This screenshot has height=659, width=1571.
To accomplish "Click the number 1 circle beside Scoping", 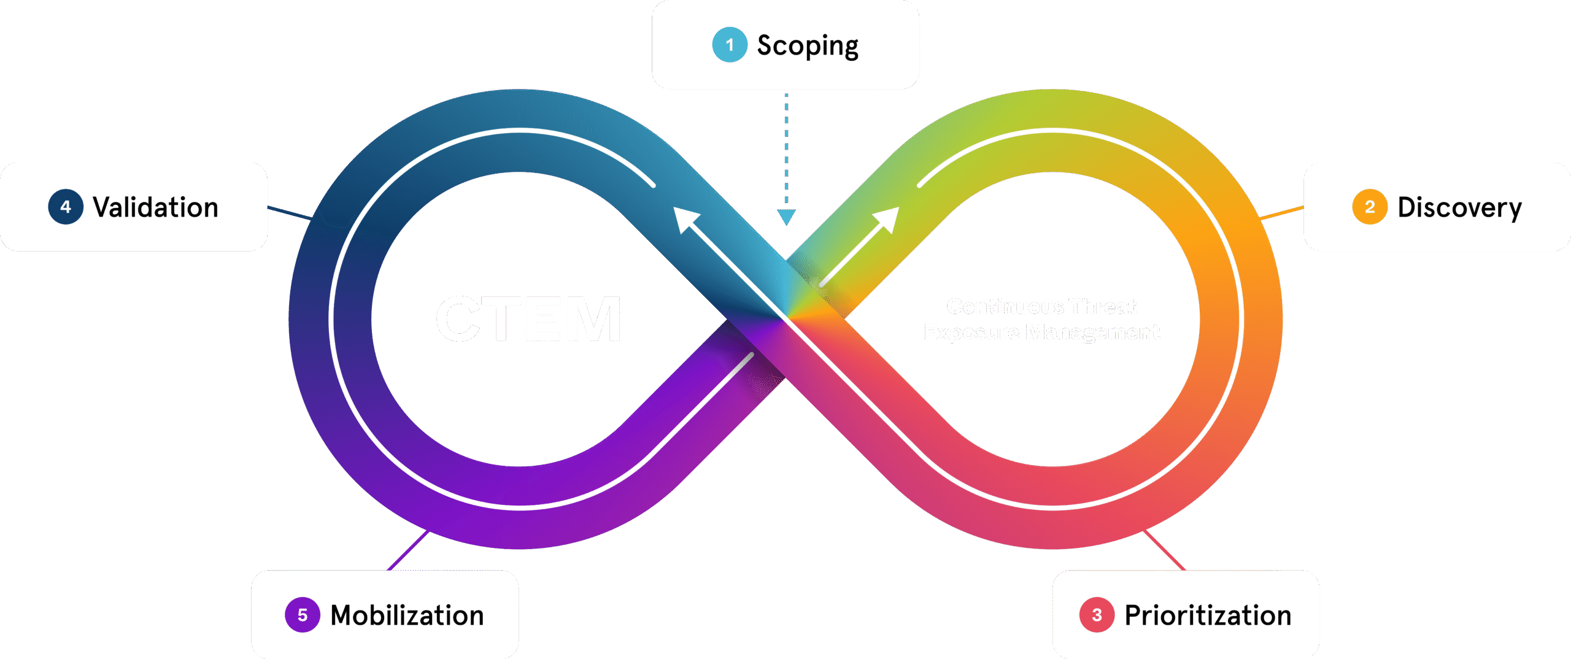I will click(x=730, y=45).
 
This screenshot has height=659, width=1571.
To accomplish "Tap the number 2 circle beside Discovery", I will click(x=1370, y=207).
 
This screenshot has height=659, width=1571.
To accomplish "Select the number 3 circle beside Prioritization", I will click(x=1097, y=615).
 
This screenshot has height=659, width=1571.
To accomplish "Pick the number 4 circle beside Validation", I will click(x=66, y=207).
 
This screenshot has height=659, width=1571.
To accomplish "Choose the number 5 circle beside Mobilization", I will click(x=303, y=615).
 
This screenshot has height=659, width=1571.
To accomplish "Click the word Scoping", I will click(x=808, y=46).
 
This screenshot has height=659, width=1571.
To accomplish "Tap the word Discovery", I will click(x=1459, y=208).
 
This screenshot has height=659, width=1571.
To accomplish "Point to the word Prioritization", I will click(x=1208, y=615).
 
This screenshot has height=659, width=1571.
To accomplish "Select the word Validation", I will click(x=155, y=207).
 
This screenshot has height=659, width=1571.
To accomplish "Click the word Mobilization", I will click(x=407, y=615).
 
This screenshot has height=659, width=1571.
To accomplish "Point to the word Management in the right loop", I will click(x=1093, y=332).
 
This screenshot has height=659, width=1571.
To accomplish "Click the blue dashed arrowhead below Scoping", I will click(x=786, y=217).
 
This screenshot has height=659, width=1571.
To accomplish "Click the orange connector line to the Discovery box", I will click(x=1282, y=212).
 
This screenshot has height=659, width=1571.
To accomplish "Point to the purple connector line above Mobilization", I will click(x=407, y=550).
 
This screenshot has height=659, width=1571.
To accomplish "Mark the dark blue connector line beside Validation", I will click(x=290, y=212).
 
